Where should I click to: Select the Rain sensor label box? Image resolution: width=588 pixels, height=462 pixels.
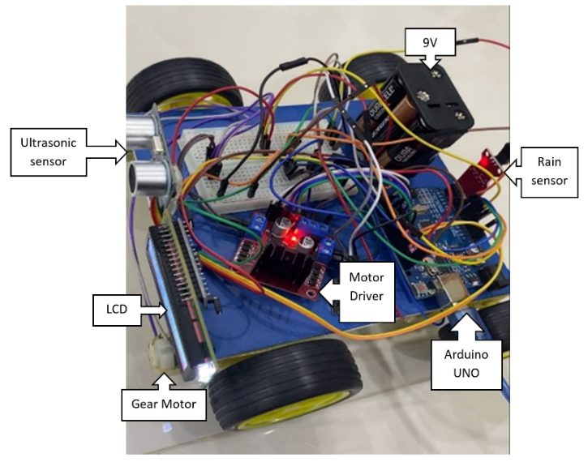pyautogui.click(x=548, y=172)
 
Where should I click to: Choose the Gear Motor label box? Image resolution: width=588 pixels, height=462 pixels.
pyautogui.click(x=163, y=403)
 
